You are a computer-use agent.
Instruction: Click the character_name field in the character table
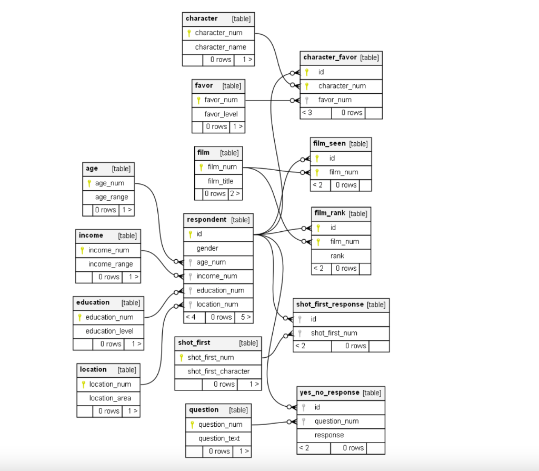coord(220,47)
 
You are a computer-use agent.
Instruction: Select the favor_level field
coord(221,114)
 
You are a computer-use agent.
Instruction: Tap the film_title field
coord(220,181)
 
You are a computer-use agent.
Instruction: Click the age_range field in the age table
coord(111,197)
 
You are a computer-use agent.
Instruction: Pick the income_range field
coord(111,264)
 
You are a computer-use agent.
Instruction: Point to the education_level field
coord(109,331)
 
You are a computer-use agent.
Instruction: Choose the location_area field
coord(110,398)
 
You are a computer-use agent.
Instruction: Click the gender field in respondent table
coord(207,248)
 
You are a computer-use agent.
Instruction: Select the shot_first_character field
coord(218,371)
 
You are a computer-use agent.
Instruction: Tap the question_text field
coord(219,438)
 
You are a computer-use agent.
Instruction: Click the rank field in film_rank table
coord(337,256)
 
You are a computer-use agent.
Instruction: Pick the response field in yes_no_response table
coord(329,435)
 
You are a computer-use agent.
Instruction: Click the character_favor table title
coord(330,57)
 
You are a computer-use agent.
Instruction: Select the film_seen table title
coord(329,143)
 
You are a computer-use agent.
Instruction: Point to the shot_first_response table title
coord(330,304)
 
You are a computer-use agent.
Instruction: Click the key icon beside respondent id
coord(190,234)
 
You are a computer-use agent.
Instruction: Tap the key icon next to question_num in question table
coord(192,425)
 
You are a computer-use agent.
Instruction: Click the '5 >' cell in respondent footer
coord(246,317)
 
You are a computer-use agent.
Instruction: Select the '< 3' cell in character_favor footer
coord(307,113)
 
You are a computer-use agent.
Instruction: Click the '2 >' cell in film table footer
coord(235,194)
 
